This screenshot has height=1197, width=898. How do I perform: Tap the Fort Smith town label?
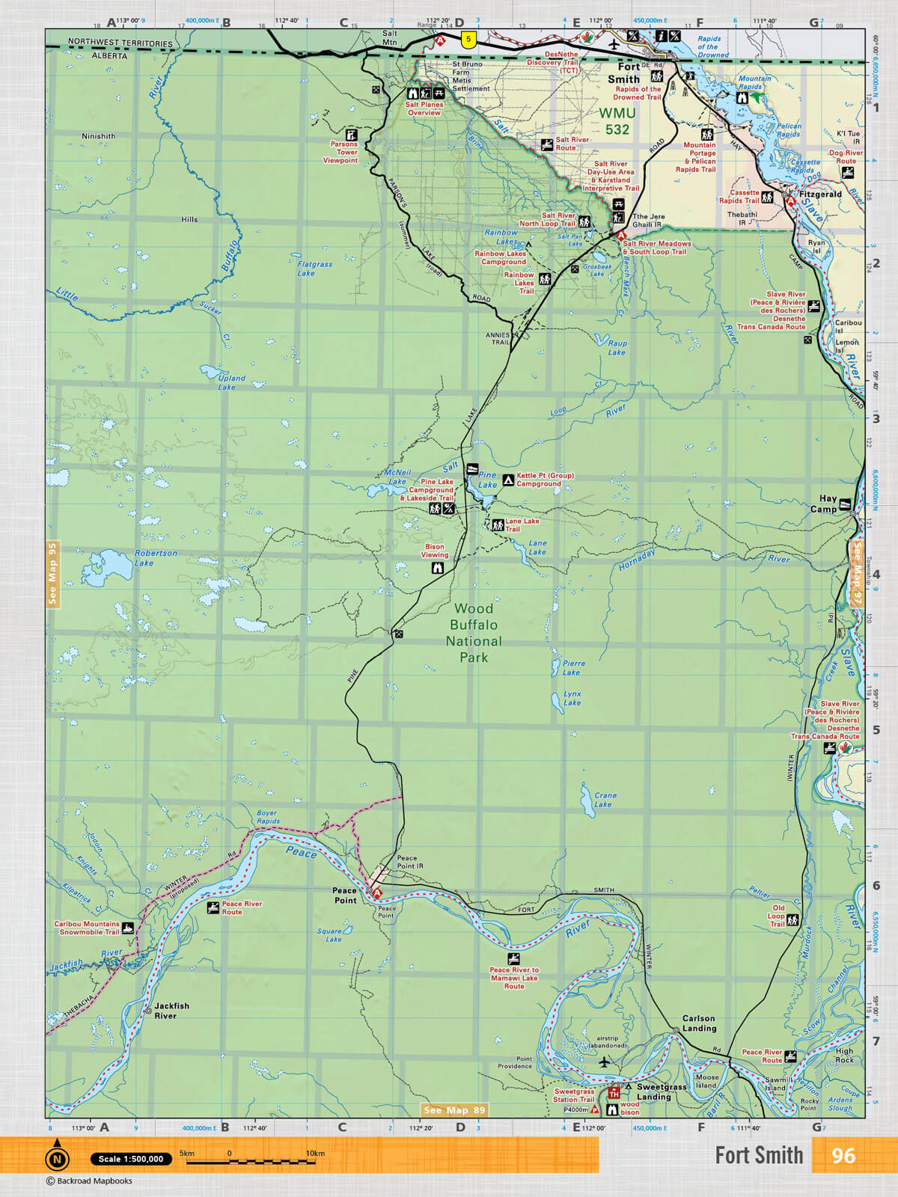click(626, 73)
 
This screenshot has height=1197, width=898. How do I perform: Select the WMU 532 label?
click(617, 121)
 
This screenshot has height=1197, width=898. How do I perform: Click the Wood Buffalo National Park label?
click(474, 633)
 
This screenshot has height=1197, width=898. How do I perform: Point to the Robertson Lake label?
click(156, 558)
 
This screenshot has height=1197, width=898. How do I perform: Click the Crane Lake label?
click(605, 800)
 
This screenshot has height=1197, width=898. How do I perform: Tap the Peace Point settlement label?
click(345, 896)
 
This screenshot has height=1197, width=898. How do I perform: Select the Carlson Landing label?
click(698, 1023)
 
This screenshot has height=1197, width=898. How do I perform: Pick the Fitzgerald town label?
click(820, 194)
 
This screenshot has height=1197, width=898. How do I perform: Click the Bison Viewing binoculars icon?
click(438, 569)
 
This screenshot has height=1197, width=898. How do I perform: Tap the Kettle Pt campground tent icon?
click(508, 480)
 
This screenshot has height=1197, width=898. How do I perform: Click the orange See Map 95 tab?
click(52, 574)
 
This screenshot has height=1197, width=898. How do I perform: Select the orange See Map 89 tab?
click(453, 1110)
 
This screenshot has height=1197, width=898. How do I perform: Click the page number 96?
click(843, 1156)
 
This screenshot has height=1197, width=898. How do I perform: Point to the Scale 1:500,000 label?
click(131, 1159)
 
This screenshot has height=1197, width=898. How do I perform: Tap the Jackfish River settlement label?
click(171, 1011)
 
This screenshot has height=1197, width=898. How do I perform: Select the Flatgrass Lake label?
click(314, 269)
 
